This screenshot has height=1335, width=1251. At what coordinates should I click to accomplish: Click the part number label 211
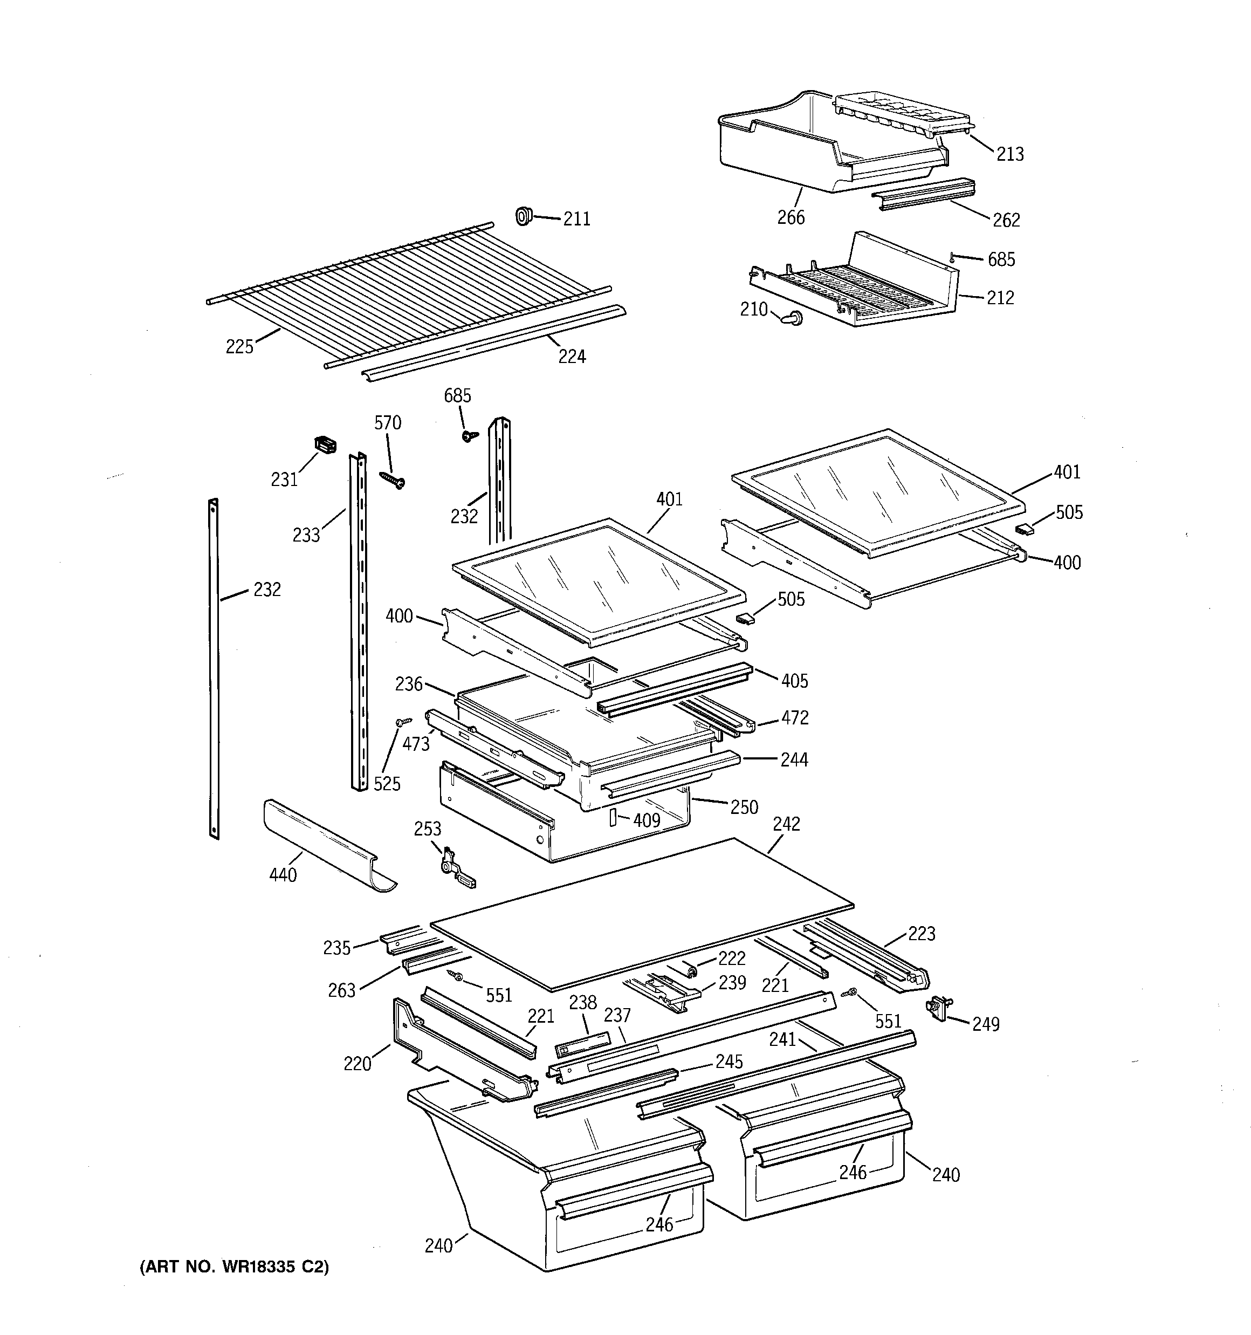point(576,219)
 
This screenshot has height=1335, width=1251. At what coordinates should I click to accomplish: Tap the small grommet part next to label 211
point(523,216)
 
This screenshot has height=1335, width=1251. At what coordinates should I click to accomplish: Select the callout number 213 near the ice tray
point(1009,154)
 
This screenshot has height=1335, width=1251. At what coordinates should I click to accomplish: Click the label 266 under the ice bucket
point(791,217)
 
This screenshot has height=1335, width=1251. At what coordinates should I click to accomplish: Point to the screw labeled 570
point(393,480)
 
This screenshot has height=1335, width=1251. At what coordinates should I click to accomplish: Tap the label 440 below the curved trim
point(282,875)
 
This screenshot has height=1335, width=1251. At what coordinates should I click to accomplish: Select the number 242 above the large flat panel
point(786,824)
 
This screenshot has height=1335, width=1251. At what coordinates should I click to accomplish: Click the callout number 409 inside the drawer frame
point(646,820)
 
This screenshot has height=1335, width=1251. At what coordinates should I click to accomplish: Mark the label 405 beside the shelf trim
point(794,681)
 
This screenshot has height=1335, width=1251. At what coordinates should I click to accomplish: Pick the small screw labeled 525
point(403,722)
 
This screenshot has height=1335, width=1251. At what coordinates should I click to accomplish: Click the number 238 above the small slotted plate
point(582,1003)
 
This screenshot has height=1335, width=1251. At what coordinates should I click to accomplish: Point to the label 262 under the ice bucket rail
point(1005,220)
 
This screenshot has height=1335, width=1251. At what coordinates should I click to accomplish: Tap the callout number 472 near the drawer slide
point(794,718)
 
